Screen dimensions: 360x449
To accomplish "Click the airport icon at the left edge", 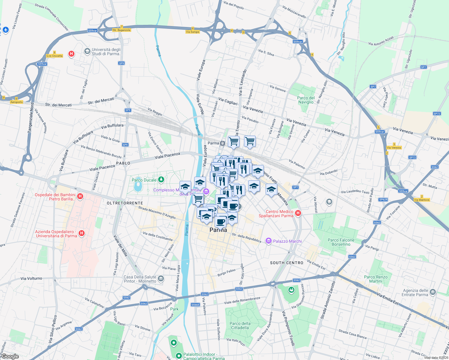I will [5, 30].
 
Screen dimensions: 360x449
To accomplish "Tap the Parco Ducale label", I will [144, 180].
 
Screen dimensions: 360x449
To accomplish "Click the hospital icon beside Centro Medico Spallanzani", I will [298, 213].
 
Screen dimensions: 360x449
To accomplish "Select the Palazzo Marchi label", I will [287, 241].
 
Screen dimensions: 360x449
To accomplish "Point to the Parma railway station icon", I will [222, 143].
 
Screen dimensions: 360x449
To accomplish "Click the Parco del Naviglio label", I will [306, 100].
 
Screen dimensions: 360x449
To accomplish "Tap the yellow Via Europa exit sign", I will [192, 32].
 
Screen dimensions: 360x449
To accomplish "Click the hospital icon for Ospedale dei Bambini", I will [80, 196].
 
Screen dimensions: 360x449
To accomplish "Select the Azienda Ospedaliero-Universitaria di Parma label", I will [56, 234].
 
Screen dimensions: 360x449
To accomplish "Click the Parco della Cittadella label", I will [240, 325].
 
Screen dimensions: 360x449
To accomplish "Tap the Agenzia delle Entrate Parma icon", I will [432, 292].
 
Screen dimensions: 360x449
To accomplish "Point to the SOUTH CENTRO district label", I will [287, 263].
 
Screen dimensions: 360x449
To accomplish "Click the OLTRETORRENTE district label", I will [125, 203].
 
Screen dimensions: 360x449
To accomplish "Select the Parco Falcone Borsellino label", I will [341, 242].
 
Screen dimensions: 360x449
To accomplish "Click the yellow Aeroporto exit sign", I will [17, 102].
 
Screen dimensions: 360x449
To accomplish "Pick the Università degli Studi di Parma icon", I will [87, 51].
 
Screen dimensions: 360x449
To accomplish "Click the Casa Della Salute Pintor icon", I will [161, 279].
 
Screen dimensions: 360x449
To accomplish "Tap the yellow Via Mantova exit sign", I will [422, 200].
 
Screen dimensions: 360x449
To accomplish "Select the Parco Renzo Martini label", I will [375, 279].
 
